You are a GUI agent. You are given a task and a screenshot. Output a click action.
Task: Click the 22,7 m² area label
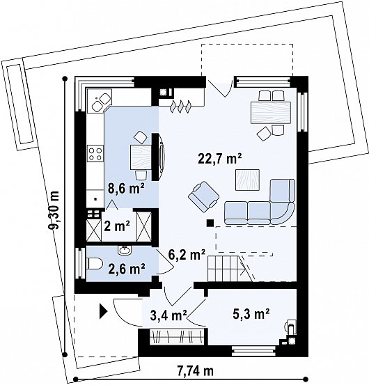[x=220, y=159]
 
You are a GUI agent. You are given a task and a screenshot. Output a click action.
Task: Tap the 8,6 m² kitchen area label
[x=126, y=189]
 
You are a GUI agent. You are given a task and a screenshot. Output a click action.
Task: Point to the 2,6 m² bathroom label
[x=127, y=269]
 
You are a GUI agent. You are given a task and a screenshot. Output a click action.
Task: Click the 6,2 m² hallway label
[x=187, y=256]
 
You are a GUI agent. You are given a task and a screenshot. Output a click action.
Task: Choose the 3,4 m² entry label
[x=169, y=315]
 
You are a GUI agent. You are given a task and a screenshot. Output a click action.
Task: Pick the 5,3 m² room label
[x=251, y=313]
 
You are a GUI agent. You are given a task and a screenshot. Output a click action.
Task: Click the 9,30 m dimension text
[x=54, y=210]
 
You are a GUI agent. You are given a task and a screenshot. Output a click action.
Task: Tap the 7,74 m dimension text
[x=196, y=371]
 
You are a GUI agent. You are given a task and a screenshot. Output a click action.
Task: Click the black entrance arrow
[x=103, y=311]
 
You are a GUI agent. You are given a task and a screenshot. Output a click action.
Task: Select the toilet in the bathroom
[x=95, y=263]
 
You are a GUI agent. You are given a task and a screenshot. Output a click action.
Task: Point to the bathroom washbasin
[x=125, y=250]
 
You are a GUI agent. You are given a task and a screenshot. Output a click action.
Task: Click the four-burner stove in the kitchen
[x=95, y=154]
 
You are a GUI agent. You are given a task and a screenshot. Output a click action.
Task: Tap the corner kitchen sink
[x=101, y=101]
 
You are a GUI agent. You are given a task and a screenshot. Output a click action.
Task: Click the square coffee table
[x=247, y=180]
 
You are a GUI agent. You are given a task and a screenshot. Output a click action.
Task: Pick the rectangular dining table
[x=271, y=113]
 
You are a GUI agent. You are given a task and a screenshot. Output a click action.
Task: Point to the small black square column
[x=210, y=223]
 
